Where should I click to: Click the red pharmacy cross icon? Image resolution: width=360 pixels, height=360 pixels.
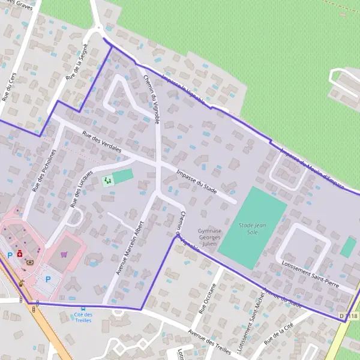click(x=20, y=254)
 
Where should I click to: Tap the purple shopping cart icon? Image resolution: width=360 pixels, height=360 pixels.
click(x=64, y=254)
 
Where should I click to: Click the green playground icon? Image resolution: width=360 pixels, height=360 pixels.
click(x=107, y=179)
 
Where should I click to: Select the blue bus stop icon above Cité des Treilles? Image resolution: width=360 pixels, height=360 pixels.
click(x=83, y=308)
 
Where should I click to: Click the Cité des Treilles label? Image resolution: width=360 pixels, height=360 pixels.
click(x=83, y=317)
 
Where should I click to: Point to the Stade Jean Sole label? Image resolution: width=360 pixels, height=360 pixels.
click(x=252, y=229)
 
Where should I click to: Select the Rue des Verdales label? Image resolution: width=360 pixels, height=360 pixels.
click(x=102, y=140)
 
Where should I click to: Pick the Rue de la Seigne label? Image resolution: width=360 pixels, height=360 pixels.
click(x=73, y=65)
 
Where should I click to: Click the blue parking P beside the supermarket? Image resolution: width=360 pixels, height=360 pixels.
click(x=48, y=279)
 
